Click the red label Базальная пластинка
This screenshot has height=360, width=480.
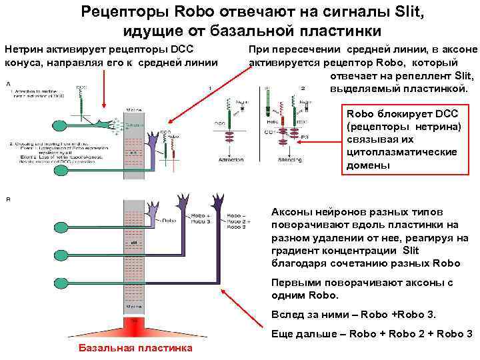pyautogui.click(x=135, y=348)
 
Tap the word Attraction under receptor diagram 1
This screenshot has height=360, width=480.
pyautogui.click(x=231, y=160)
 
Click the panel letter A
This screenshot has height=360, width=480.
pyautogui.click(x=8, y=85)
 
